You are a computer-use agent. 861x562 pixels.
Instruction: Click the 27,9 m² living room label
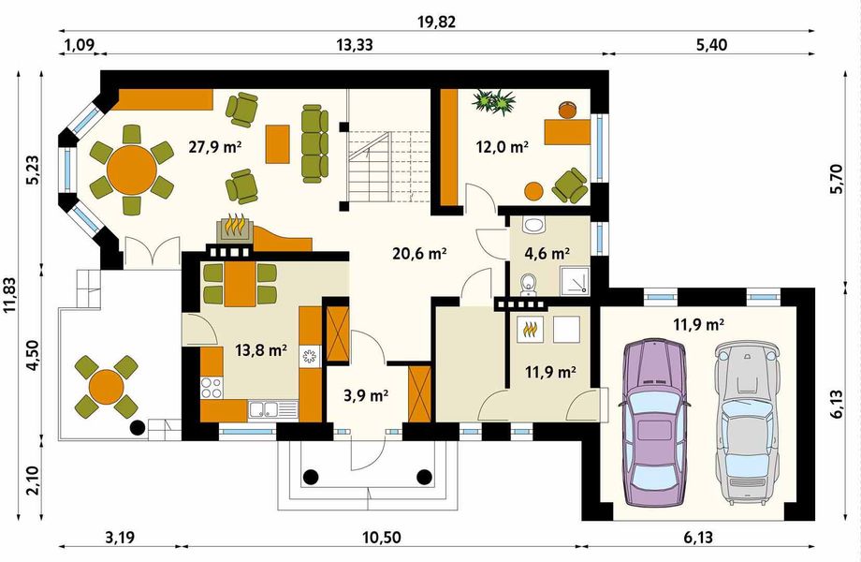[x=195, y=146]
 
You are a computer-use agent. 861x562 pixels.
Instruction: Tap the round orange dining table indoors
[x=131, y=170]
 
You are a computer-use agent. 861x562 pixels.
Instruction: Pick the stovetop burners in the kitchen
[x=212, y=386]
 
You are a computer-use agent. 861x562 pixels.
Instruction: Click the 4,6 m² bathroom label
[x=548, y=253]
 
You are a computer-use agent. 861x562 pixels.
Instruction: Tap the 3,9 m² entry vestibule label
[x=365, y=396]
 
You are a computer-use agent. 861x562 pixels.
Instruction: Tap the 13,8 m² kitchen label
[x=261, y=350]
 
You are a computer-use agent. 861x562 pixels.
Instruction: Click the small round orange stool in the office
[x=533, y=191]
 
